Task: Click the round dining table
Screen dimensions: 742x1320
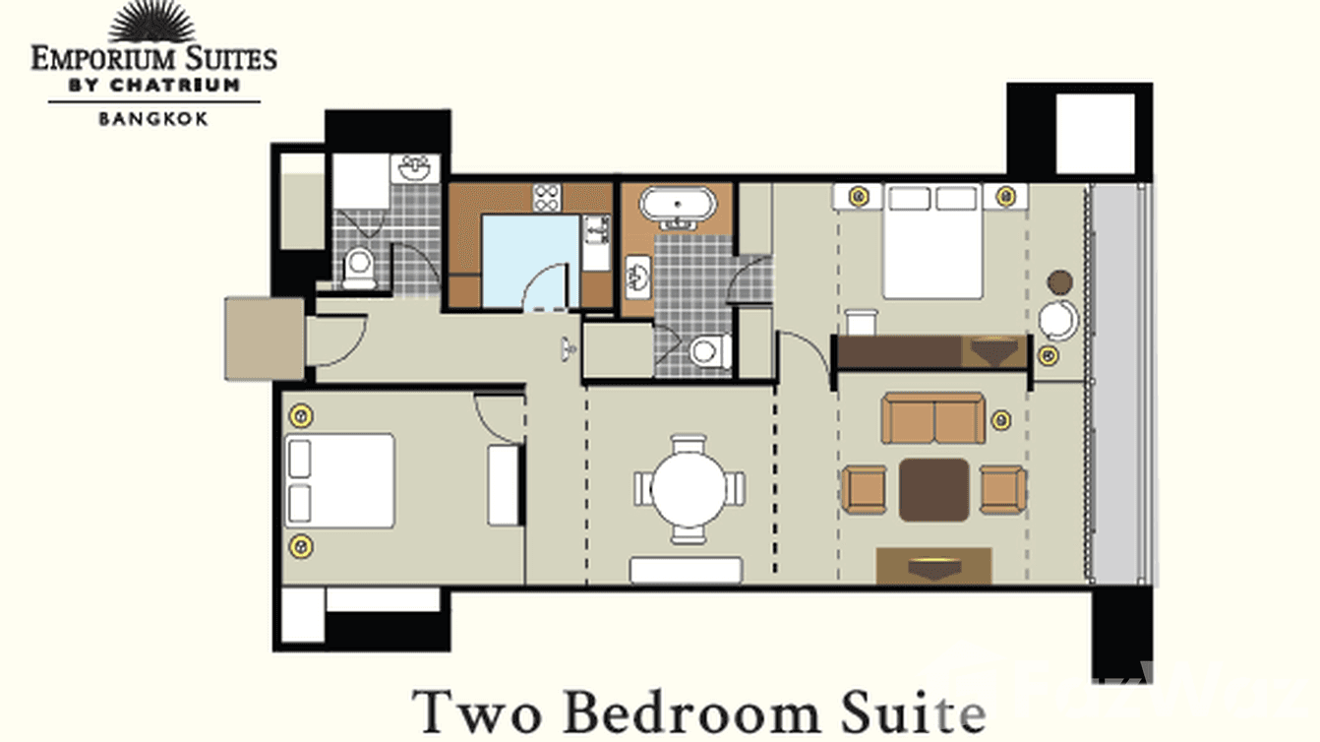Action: (689, 488)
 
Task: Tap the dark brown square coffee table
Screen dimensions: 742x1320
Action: (933, 489)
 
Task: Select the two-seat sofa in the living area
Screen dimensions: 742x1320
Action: (932, 418)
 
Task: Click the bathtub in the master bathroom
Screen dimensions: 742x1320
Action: (678, 206)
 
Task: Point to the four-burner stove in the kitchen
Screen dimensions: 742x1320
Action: (547, 198)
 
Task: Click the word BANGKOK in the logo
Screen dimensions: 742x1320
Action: (152, 119)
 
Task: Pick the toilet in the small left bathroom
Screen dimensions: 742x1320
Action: (359, 267)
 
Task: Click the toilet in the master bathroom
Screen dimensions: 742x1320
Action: (708, 350)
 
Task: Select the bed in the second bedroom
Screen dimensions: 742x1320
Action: (339, 480)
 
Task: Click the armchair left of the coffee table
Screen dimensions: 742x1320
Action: (864, 489)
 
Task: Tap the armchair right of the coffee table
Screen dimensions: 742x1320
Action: (1003, 489)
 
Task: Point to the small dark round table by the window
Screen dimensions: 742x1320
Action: (1059, 283)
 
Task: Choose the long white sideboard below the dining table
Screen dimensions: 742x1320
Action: (686, 570)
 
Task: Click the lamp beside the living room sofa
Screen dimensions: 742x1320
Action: (1001, 420)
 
